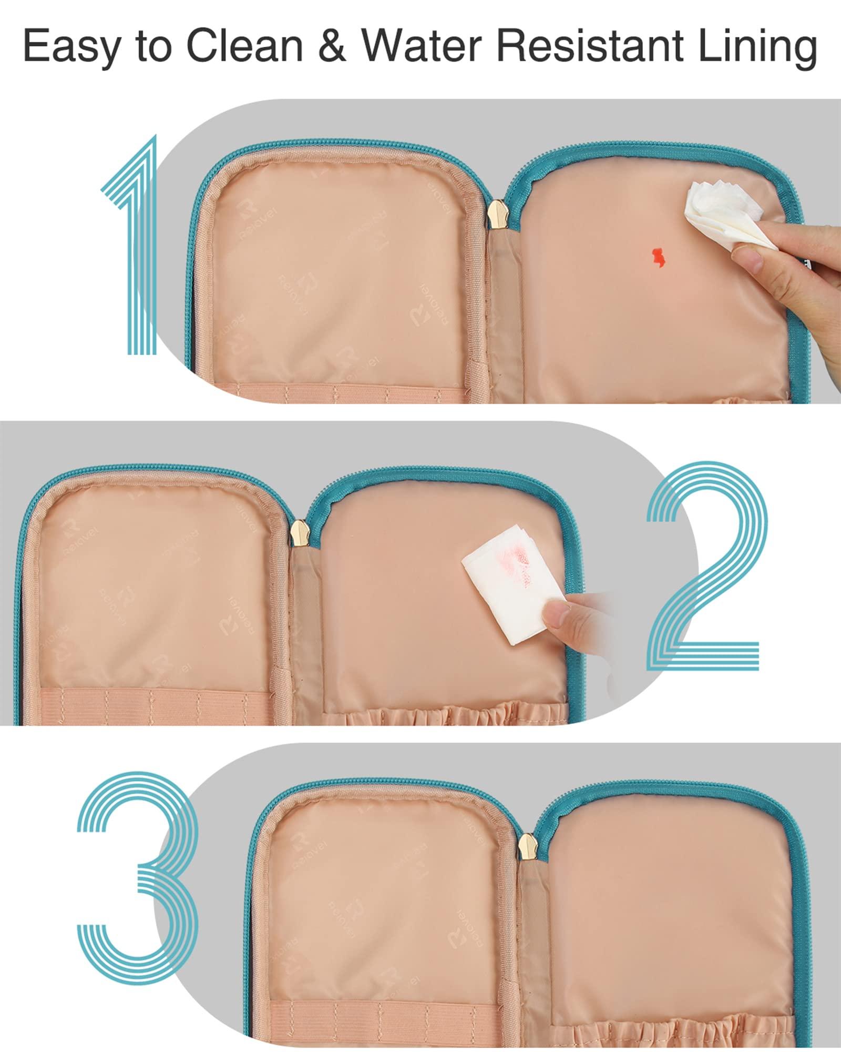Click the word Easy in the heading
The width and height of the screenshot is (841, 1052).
(70, 48)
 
